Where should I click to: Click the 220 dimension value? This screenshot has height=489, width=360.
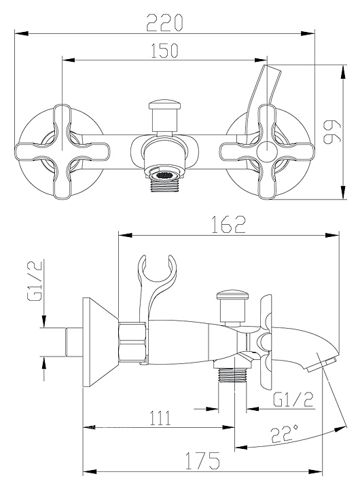(x=164, y=23)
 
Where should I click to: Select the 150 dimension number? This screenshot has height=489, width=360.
(x=164, y=50)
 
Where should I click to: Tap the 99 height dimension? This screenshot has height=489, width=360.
(x=332, y=132)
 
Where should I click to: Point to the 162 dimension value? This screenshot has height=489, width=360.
(x=229, y=225)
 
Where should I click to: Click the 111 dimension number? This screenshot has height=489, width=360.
(x=161, y=418)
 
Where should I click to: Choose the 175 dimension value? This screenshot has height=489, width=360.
(x=203, y=461)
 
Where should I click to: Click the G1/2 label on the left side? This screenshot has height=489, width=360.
(x=35, y=280)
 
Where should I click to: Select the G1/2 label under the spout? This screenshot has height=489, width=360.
(x=293, y=399)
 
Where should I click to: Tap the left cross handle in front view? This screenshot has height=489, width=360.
(x=62, y=151)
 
